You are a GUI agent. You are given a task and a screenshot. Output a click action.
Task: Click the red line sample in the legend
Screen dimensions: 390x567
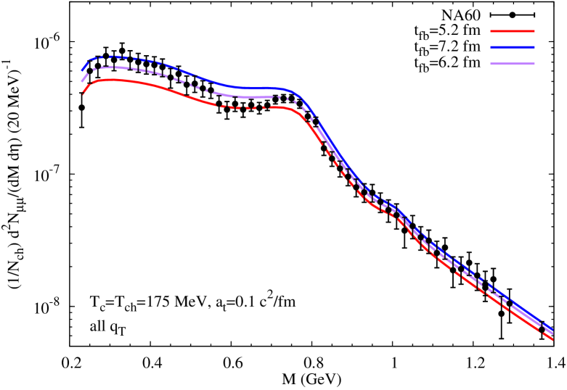pos(513,31)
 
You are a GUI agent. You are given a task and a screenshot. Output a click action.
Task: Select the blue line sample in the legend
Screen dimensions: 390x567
pos(513,47)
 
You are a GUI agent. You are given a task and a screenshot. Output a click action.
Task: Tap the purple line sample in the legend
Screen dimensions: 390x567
pos(513,64)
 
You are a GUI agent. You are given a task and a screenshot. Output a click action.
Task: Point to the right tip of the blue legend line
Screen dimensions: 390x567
pos(534,47)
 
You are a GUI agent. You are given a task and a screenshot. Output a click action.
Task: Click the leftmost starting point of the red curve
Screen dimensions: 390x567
pos(83,93)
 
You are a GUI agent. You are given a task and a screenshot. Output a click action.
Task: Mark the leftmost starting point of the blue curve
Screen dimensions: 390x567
pos(81,70)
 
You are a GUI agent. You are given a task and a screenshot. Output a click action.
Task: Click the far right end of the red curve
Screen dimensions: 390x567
pos(552,339)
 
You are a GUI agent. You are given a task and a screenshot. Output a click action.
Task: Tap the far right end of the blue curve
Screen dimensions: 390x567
pos(553,331)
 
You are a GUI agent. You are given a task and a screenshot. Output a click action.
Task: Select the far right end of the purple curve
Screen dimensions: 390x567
pos(553,333)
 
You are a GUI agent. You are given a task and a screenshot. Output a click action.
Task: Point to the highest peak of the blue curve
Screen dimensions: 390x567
pos(113,56)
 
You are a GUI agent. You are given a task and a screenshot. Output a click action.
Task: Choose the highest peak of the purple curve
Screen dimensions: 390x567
pos(113,67)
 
